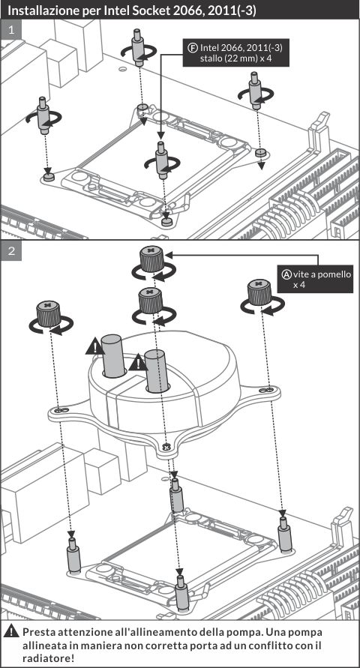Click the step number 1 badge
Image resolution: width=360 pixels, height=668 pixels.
(11, 30)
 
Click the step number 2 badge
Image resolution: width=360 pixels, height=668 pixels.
(11, 250)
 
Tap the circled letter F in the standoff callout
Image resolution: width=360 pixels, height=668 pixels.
(192, 47)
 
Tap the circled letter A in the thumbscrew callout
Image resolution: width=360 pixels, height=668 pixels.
(286, 274)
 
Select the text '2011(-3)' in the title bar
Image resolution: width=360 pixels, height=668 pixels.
(235, 10)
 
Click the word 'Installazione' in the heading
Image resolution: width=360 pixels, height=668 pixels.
(41, 10)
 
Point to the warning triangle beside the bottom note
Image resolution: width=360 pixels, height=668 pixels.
(11, 631)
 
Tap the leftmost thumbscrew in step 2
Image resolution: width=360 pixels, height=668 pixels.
(49, 313)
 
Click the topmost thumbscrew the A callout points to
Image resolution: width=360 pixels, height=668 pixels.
(152, 259)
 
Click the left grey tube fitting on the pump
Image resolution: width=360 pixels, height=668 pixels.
(115, 355)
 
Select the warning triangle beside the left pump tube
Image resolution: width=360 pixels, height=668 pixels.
(95, 348)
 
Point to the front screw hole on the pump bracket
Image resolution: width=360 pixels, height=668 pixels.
(166, 447)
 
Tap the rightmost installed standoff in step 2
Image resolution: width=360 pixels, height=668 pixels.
(284, 531)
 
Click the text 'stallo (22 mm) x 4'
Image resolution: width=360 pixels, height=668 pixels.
(235, 58)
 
